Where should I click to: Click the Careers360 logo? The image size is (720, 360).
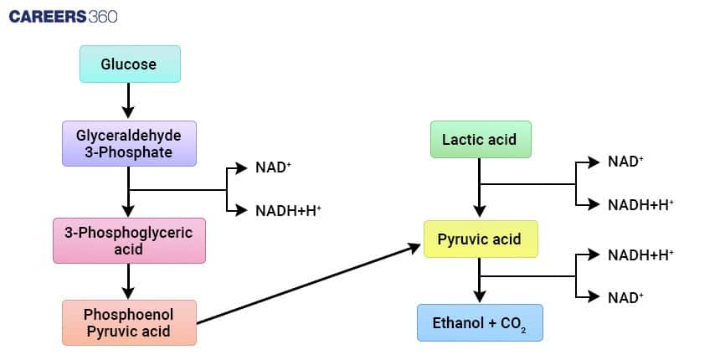[x=63, y=16]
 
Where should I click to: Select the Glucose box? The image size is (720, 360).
[x=129, y=64]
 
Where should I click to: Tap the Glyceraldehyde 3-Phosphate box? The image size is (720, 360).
[x=129, y=142]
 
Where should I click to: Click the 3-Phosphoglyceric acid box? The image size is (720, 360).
[x=129, y=240]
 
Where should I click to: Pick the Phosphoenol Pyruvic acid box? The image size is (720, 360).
[x=129, y=322]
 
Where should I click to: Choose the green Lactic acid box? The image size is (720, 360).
[x=480, y=139]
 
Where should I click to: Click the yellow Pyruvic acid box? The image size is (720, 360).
[x=480, y=239]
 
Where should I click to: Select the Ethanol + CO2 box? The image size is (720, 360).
[x=480, y=322]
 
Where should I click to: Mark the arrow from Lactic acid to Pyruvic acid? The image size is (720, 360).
[x=480, y=188]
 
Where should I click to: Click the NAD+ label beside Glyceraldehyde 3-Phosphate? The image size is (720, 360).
[x=274, y=167]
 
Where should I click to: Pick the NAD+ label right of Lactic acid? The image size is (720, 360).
[x=625, y=162]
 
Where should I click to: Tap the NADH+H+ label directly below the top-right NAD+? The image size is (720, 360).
[x=640, y=204]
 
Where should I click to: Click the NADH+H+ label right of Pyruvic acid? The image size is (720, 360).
[x=640, y=254]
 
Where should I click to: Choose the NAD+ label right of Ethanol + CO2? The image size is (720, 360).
[x=625, y=296]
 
